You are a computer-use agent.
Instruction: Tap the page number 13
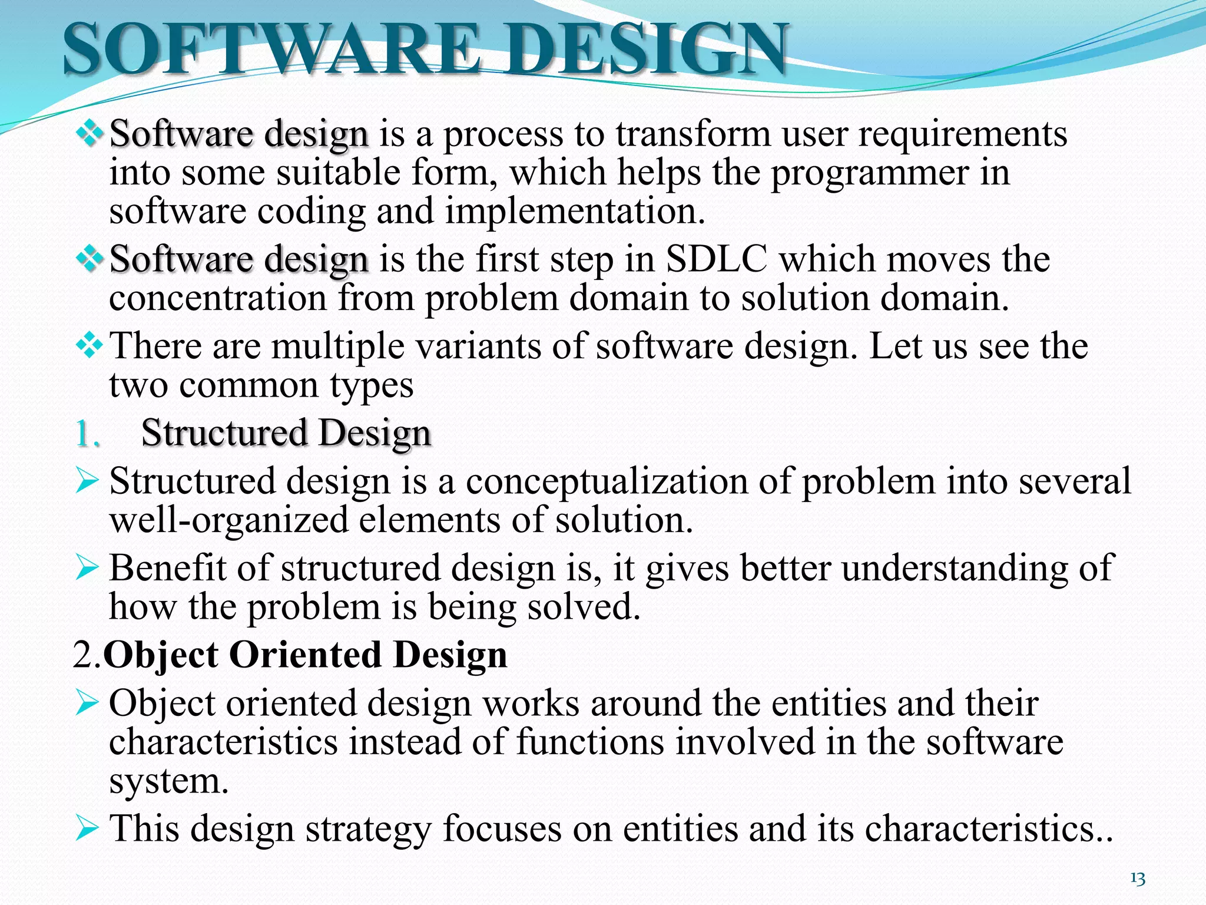(1138, 879)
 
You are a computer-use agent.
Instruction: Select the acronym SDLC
(717, 259)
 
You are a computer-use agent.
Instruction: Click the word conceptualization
(607, 482)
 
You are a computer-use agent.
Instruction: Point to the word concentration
(218, 298)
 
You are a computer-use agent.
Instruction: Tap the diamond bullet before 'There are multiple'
(89, 345)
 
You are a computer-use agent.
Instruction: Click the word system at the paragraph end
(168, 781)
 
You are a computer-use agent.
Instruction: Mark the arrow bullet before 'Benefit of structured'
(87, 568)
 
